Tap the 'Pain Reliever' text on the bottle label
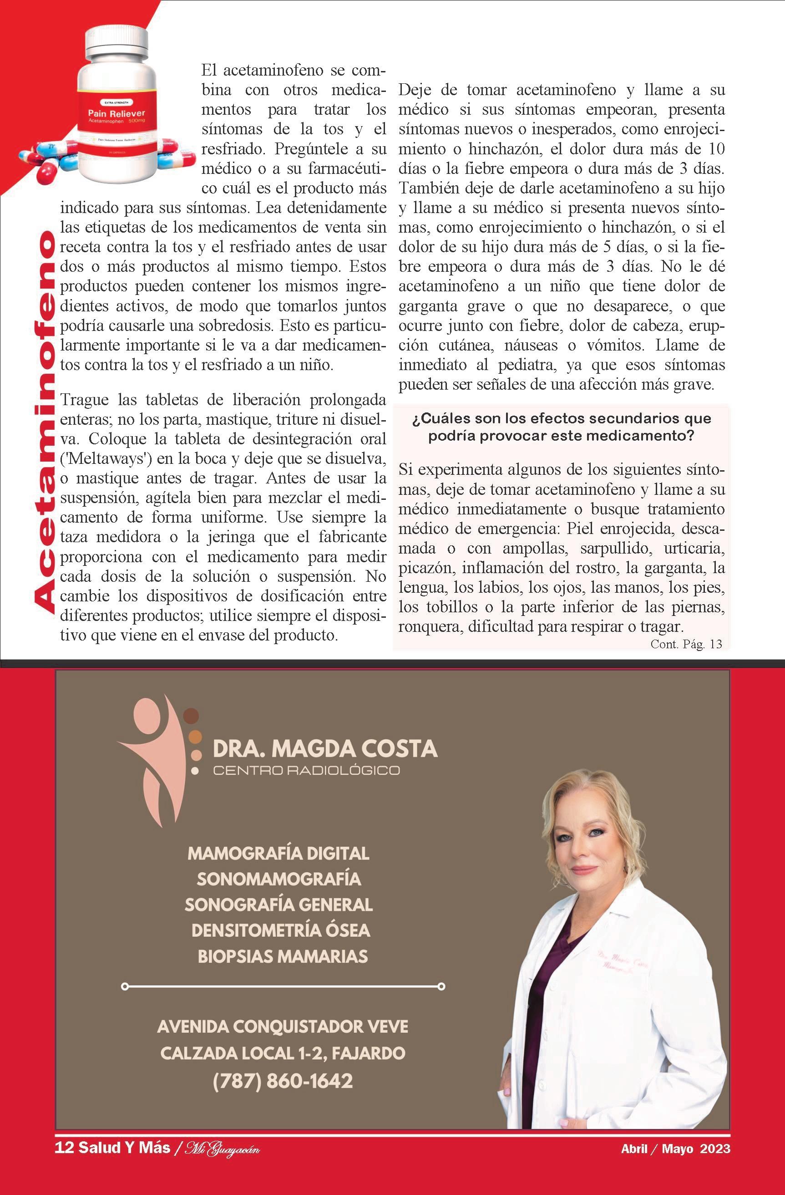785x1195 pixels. pos(116,114)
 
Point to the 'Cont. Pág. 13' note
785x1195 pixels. pos(686,644)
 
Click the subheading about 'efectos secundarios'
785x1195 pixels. pos(561,427)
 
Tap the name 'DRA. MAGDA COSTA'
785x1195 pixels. pos(325,748)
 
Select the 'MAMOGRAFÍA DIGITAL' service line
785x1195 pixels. pos(278,853)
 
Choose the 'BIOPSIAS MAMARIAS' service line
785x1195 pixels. pos(282,956)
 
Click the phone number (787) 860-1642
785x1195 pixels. pos(283,1080)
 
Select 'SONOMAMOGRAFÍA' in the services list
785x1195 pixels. pos(279,879)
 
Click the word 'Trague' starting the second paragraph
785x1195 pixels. pos(84,400)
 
